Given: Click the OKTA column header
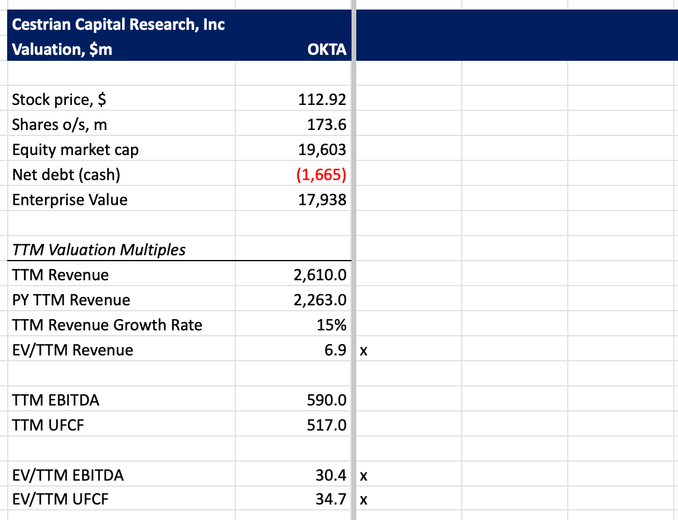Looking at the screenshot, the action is (x=326, y=49).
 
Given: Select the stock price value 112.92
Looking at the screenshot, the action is (x=322, y=100).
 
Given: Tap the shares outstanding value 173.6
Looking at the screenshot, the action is (x=326, y=125).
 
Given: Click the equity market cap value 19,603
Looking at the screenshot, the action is (x=322, y=150).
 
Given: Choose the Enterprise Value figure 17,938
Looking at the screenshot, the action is (x=322, y=200).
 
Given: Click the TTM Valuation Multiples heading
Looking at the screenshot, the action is (x=98, y=250).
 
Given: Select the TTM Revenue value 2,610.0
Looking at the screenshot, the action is (x=320, y=276).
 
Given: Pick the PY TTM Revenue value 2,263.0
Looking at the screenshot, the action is (x=320, y=301).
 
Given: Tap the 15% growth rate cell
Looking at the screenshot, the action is (x=331, y=325).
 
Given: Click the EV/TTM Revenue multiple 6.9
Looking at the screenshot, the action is (x=335, y=350).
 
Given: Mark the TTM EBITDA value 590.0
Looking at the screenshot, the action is (x=326, y=401).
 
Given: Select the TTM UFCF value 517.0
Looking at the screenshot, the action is (x=326, y=426).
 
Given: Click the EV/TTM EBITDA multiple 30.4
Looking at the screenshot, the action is (x=331, y=475).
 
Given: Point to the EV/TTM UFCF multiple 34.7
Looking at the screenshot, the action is (x=331, y=499).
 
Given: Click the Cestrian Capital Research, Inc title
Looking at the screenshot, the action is (x=118, y=24).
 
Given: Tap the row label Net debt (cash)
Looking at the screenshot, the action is (x=66, y=175).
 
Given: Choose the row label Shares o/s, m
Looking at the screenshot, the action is (x=59, y=125).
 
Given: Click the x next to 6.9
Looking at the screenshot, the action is (x=363, y=351).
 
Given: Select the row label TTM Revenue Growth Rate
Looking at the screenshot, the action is (x=107, y=325).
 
